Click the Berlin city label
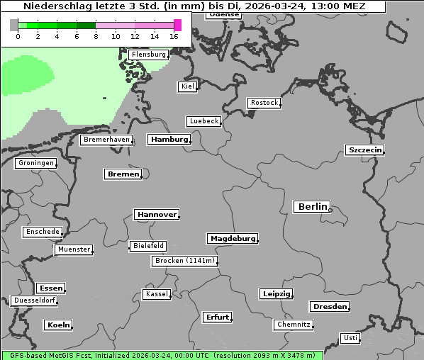[x=311, y=207]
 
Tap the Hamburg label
[x=169, y=140]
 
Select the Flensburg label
[x=148, y=55]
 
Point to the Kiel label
[x=186, y=86]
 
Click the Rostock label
[x=264, y=103]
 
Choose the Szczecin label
[x=364, y=150]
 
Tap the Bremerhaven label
[x=106, y=140]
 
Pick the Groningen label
[x=35, y=163]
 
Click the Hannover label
[x=156, y=214]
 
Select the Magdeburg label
[x=232, y=238]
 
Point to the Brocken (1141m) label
[x=184, y=261]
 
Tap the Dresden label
[x=329, y=307]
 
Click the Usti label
[x=350, y=338]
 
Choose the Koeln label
[x=58, y=325]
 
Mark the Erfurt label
[x=217, y=317]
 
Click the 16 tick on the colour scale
[x=174, y=36]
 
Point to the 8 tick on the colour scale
[x=96, y=36]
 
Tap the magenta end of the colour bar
[x=177, y=25]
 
